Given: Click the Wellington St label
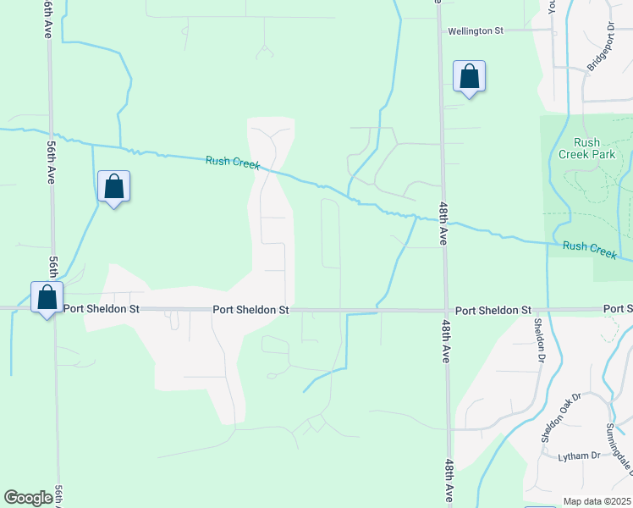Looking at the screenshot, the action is pyautogui.click(x=476, y=30).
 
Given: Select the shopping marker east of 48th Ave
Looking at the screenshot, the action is pyautogui.click(x=470, y=77).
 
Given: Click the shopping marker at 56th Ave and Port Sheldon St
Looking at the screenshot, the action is pyautogui.click(x=47, y=298).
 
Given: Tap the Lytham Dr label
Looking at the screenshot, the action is pyautogui.click(x=579, y=456).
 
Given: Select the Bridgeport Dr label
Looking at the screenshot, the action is pyautogui.click(x=599, y=53).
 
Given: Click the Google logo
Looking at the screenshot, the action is pyautogui.click(x=29, y=498).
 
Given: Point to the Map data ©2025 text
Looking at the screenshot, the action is pyautogui.click(x=597, y=501).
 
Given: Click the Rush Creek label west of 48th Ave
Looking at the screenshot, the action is pyautogui.click(x=232, y=163).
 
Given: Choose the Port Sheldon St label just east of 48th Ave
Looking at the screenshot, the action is pyautogui.click(x=493, y=311).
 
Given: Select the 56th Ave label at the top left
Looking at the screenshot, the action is pyautogui.click(x=47, y=18).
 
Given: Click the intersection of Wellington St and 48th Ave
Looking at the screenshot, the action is pyautogui.click(x=441, y=30).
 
